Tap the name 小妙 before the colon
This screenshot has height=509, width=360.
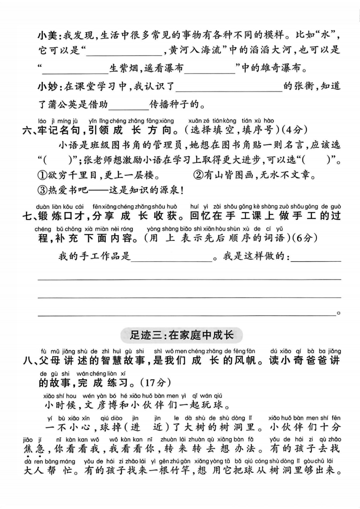tap(46, 86)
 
